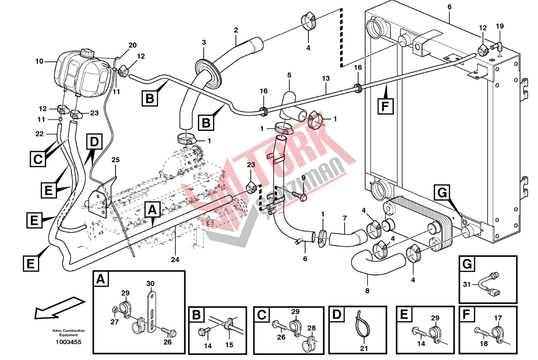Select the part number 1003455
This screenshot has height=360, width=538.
68,342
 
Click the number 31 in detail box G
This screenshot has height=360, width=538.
467,284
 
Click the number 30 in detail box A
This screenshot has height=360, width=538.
151,283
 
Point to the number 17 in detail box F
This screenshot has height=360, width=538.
498,318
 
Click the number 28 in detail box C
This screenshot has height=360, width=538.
312,328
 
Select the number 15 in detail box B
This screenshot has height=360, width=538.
229,346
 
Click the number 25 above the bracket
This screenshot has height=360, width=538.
116,160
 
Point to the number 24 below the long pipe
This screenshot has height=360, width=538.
175,259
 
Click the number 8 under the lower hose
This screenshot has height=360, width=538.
367,290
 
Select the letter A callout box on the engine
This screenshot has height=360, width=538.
152,210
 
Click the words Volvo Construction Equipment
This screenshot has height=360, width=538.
68,332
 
